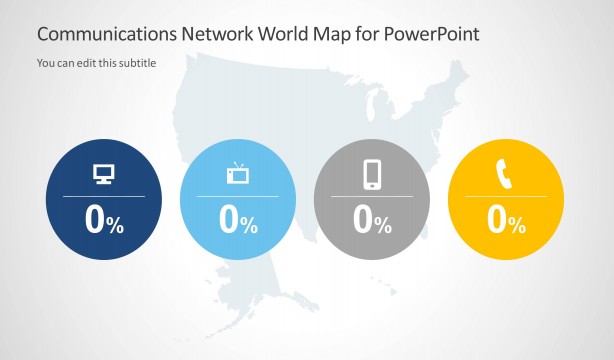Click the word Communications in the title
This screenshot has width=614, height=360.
(x=105, y=33)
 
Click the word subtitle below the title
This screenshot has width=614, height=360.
(x=136, y=63)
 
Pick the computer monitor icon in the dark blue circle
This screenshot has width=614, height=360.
(x=104, y=175)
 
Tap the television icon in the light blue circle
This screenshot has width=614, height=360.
(x=238, y=175)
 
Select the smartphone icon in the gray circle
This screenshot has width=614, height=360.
(x=372, y=175)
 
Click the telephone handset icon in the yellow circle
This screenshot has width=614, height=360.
(x=504, y=175)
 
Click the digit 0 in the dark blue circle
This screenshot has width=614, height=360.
(x=95, y=220)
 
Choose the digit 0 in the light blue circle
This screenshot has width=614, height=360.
(x=229, y=220)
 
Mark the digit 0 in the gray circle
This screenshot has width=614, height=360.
(x=363, y=220)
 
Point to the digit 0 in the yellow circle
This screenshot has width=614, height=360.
(x=497, y=220)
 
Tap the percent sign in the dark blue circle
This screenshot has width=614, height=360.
(x=115, y=225)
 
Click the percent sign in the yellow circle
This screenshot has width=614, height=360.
(x=517, y=225)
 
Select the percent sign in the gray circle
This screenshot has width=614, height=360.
(x=383, y=225)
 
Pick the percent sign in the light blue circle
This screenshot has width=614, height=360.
(x=249, y=225)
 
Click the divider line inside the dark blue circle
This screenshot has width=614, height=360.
(x=104, y=197)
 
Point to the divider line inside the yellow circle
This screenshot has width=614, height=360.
(x=505, y=197)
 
